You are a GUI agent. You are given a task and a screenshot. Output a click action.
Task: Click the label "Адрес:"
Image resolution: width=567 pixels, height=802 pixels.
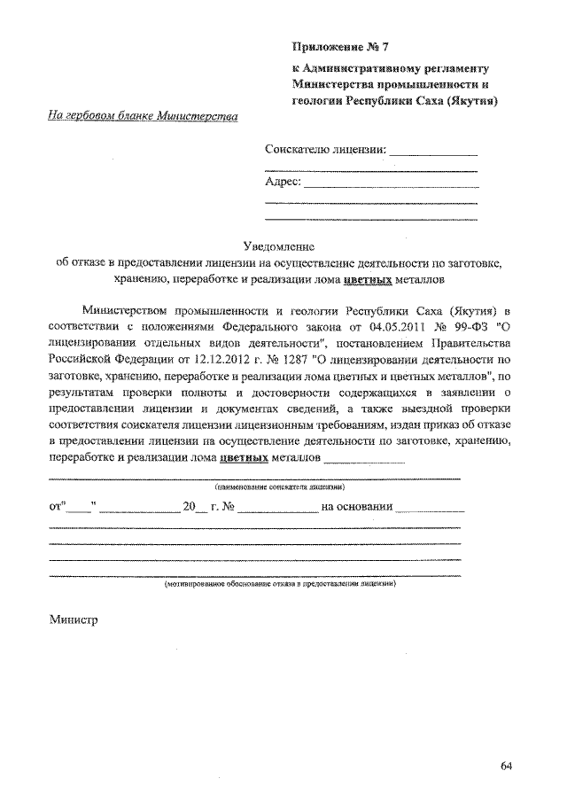(283, 183)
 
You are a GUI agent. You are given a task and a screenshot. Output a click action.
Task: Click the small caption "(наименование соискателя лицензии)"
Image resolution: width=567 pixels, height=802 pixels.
(279, 487)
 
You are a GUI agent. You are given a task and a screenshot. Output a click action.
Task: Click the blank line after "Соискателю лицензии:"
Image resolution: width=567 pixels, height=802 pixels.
(434, 154)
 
